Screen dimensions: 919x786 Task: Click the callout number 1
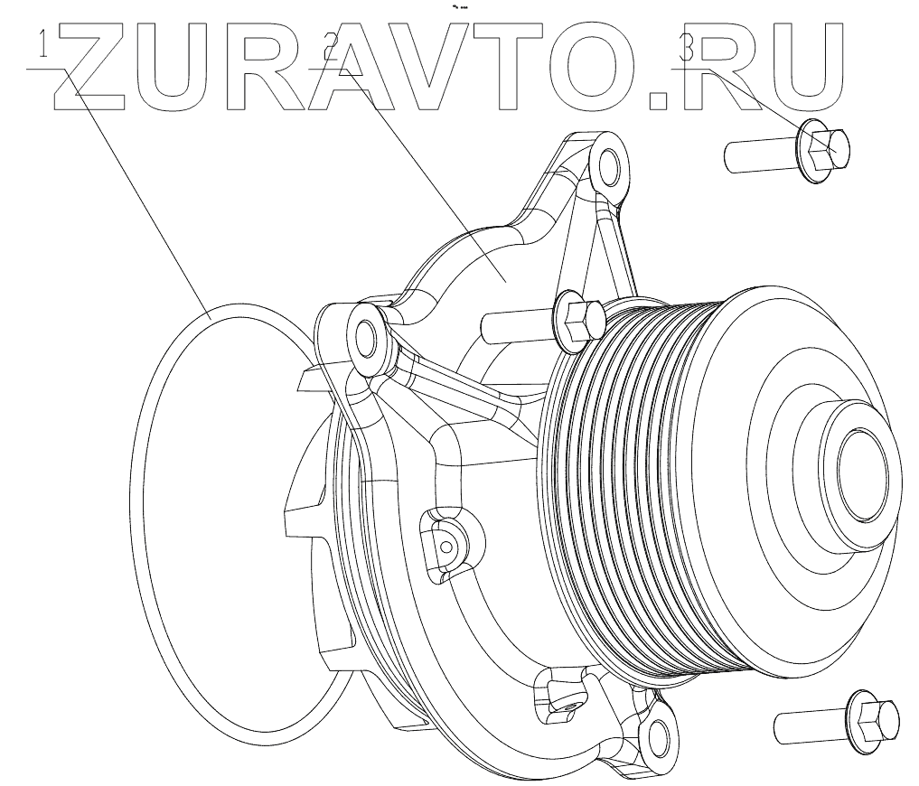click(42, 45)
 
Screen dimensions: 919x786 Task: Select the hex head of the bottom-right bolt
click(876, 719)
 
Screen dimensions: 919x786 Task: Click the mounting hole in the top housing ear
click(607, 166)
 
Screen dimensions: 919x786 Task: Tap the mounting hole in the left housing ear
click(367, 337)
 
